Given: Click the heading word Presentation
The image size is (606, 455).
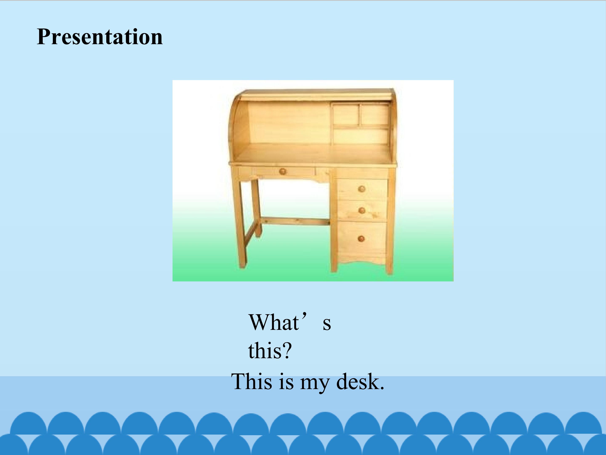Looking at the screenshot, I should tap(100, 37).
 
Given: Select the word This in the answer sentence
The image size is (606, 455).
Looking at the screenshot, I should tap(252, 381).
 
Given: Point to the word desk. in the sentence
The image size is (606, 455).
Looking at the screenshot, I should tap(360, 381).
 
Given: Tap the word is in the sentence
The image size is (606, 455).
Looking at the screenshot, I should tap(286, 381).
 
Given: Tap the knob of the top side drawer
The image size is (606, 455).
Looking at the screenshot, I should tap(362, 189).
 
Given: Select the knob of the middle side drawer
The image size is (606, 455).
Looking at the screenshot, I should tap(362, 211).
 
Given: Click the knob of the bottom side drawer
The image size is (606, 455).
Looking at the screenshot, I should tap(361, 238).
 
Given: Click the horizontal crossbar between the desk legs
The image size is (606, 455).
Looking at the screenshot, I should tap(295, 221).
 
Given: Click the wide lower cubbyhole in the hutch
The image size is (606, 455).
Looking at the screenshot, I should tap(360, 136).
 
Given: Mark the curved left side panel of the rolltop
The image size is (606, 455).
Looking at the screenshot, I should tap(238, 126).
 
